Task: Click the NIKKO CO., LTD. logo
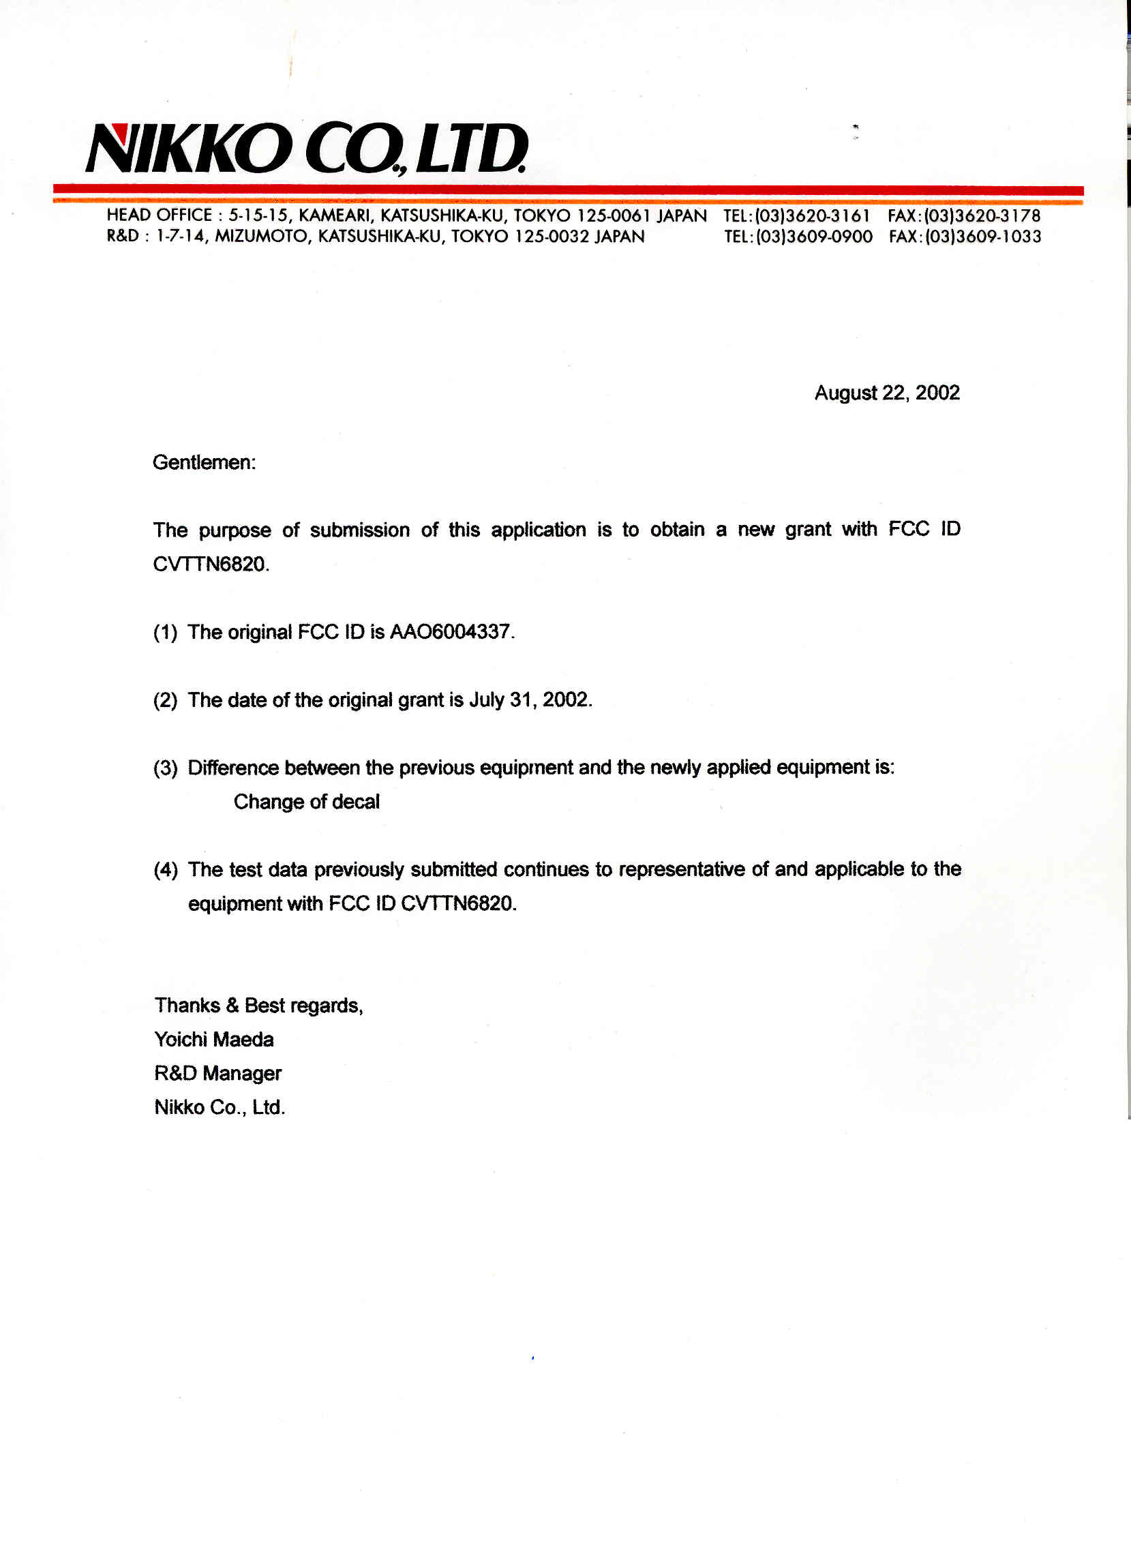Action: pos(307,149)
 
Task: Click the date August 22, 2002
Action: pos(886,393)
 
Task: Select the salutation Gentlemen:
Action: pos(204,462)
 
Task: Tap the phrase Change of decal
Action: pos(307,802)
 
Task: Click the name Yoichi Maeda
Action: pos(214,1039)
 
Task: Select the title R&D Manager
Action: pos(217,1073)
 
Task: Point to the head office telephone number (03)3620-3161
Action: pos(813,216)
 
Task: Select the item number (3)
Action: pos(165,768)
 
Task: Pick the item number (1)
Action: pos(165,633)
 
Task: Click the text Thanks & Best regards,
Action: pos(259,1006)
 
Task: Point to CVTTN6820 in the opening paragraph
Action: pos(209,564)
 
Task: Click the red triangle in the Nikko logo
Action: pos(119,131)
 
